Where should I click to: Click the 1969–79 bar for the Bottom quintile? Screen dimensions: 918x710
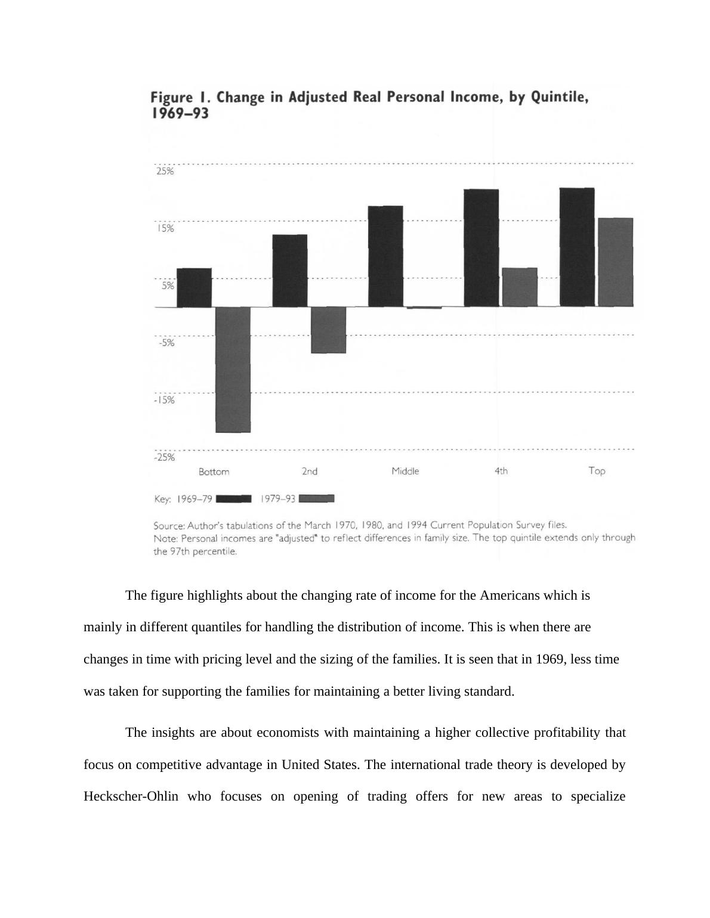pyautogui.click(x=195, y=288)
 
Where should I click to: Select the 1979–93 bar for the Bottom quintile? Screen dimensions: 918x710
pyautogui.click(x=233, y=370)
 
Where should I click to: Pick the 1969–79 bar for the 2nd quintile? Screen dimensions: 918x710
pyautogui.click(x=290, y=271)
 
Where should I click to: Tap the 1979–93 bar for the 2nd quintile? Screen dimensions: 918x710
pyautogui.click(x=328, y=330)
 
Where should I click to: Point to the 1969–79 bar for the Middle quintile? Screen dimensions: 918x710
pyautogui.click(x=385, y=256)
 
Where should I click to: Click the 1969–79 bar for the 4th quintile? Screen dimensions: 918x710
pyautogui.click(x=481, y=248)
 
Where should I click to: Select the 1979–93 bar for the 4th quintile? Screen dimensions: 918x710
pyautogui.click(x=520, y=287)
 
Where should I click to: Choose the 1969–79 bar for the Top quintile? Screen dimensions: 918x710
pyautogui.click(x=577, y=247)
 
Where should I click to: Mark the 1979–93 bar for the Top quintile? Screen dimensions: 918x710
pyautogui.click(x=615, y=262)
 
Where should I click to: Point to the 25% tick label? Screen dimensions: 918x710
pyautogui.click(x=165, y=172)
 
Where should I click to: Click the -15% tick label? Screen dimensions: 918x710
pyautogui.click(x=165, y=400)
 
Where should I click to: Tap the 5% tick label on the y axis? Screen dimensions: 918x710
pyautogui.click(x=167, y=286)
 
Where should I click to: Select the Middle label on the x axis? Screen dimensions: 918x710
pyautogui.click(x=405, y=472)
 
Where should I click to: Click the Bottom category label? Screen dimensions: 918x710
pyautogui.click(x=214, y=472)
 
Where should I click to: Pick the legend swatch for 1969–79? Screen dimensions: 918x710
pyautogui.click(x=233, y=499)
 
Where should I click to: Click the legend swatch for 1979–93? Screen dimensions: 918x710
pyautogui.click(x=316, y=498)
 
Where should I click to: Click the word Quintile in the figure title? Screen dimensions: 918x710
pyautogui.click(x=558, y=97)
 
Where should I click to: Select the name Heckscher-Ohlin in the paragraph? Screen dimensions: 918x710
pyautogui.click(x=131, y=796)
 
